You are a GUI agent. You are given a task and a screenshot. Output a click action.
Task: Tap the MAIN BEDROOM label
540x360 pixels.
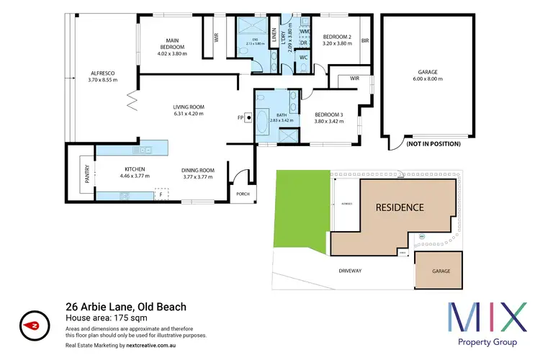point(172,41)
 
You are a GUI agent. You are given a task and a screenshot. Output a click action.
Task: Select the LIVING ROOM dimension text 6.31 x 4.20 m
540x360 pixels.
point(189,114)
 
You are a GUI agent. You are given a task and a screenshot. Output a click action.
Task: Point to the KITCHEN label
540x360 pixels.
point(130,170)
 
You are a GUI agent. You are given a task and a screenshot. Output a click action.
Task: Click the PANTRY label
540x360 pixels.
point(86,176)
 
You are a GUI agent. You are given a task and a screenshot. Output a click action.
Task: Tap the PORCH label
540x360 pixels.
point(241,194)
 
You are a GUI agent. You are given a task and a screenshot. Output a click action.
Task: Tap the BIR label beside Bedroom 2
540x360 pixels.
point(365,41)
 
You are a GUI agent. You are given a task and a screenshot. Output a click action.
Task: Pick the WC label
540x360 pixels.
point(304,57)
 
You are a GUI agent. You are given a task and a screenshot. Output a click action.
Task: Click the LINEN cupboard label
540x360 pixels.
point(274,34)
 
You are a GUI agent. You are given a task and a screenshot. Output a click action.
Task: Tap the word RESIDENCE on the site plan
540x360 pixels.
point(400,207)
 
